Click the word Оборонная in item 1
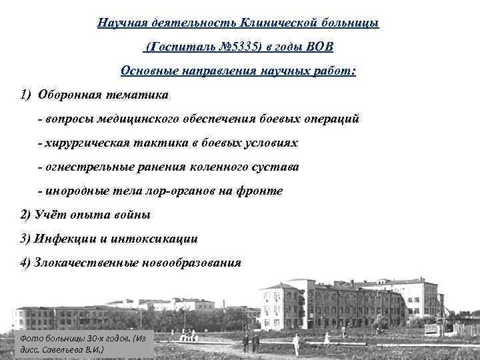[69, 95]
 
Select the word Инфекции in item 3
[66, 239]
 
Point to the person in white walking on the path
[296, 344]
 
